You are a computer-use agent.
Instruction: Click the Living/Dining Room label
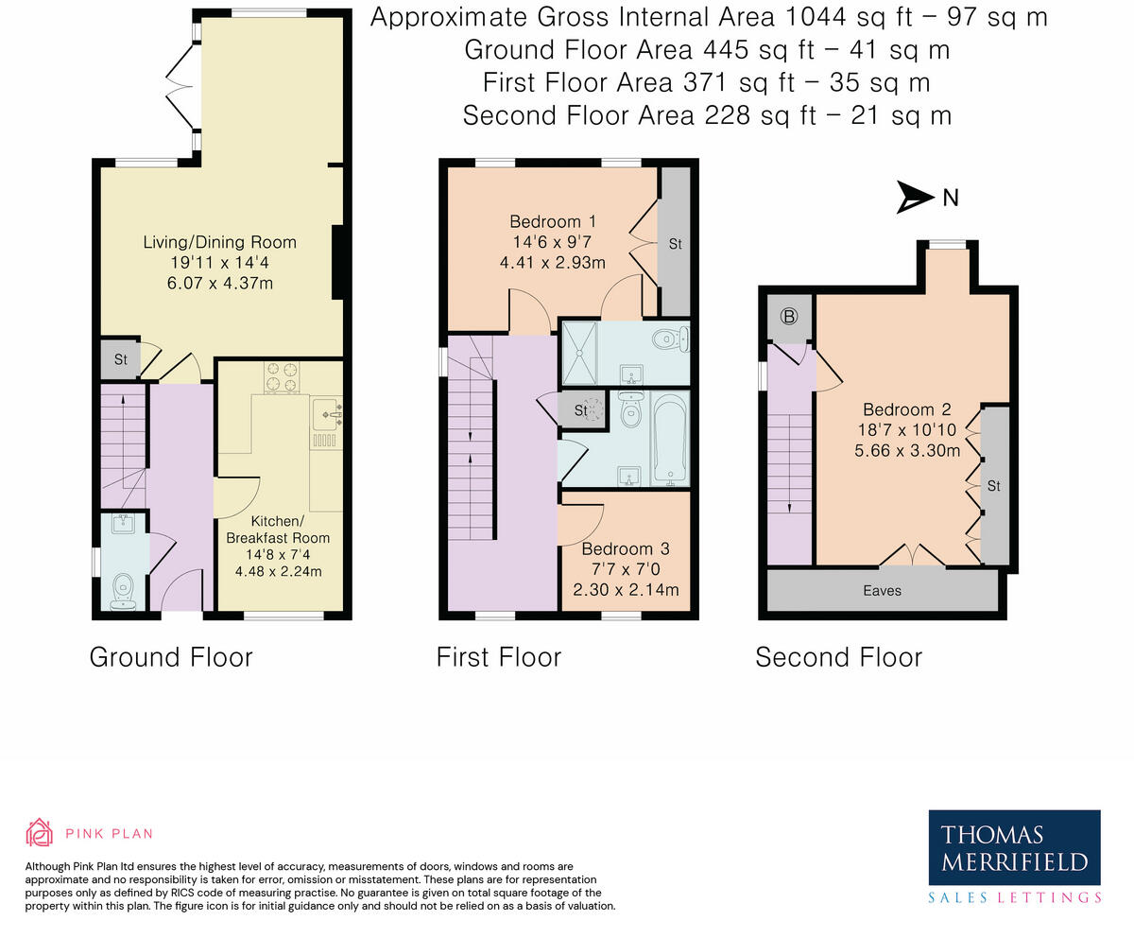219,242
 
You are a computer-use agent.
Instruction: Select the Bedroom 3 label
626,548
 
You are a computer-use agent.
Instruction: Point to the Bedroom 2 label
907,409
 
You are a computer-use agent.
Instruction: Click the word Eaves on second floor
882,591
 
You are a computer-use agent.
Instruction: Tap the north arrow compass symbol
915,197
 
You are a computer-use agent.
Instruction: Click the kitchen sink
325,413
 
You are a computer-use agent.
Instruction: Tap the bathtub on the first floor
670,440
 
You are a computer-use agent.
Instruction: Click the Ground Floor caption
171,656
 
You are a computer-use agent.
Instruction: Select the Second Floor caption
838,656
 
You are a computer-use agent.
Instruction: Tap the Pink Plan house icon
39,832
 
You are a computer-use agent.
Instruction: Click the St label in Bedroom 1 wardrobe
675,244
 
